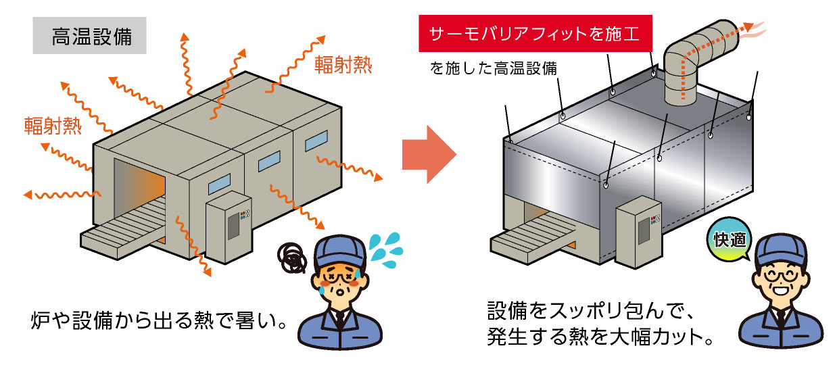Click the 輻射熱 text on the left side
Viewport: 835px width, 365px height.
[x=52, y=126]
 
